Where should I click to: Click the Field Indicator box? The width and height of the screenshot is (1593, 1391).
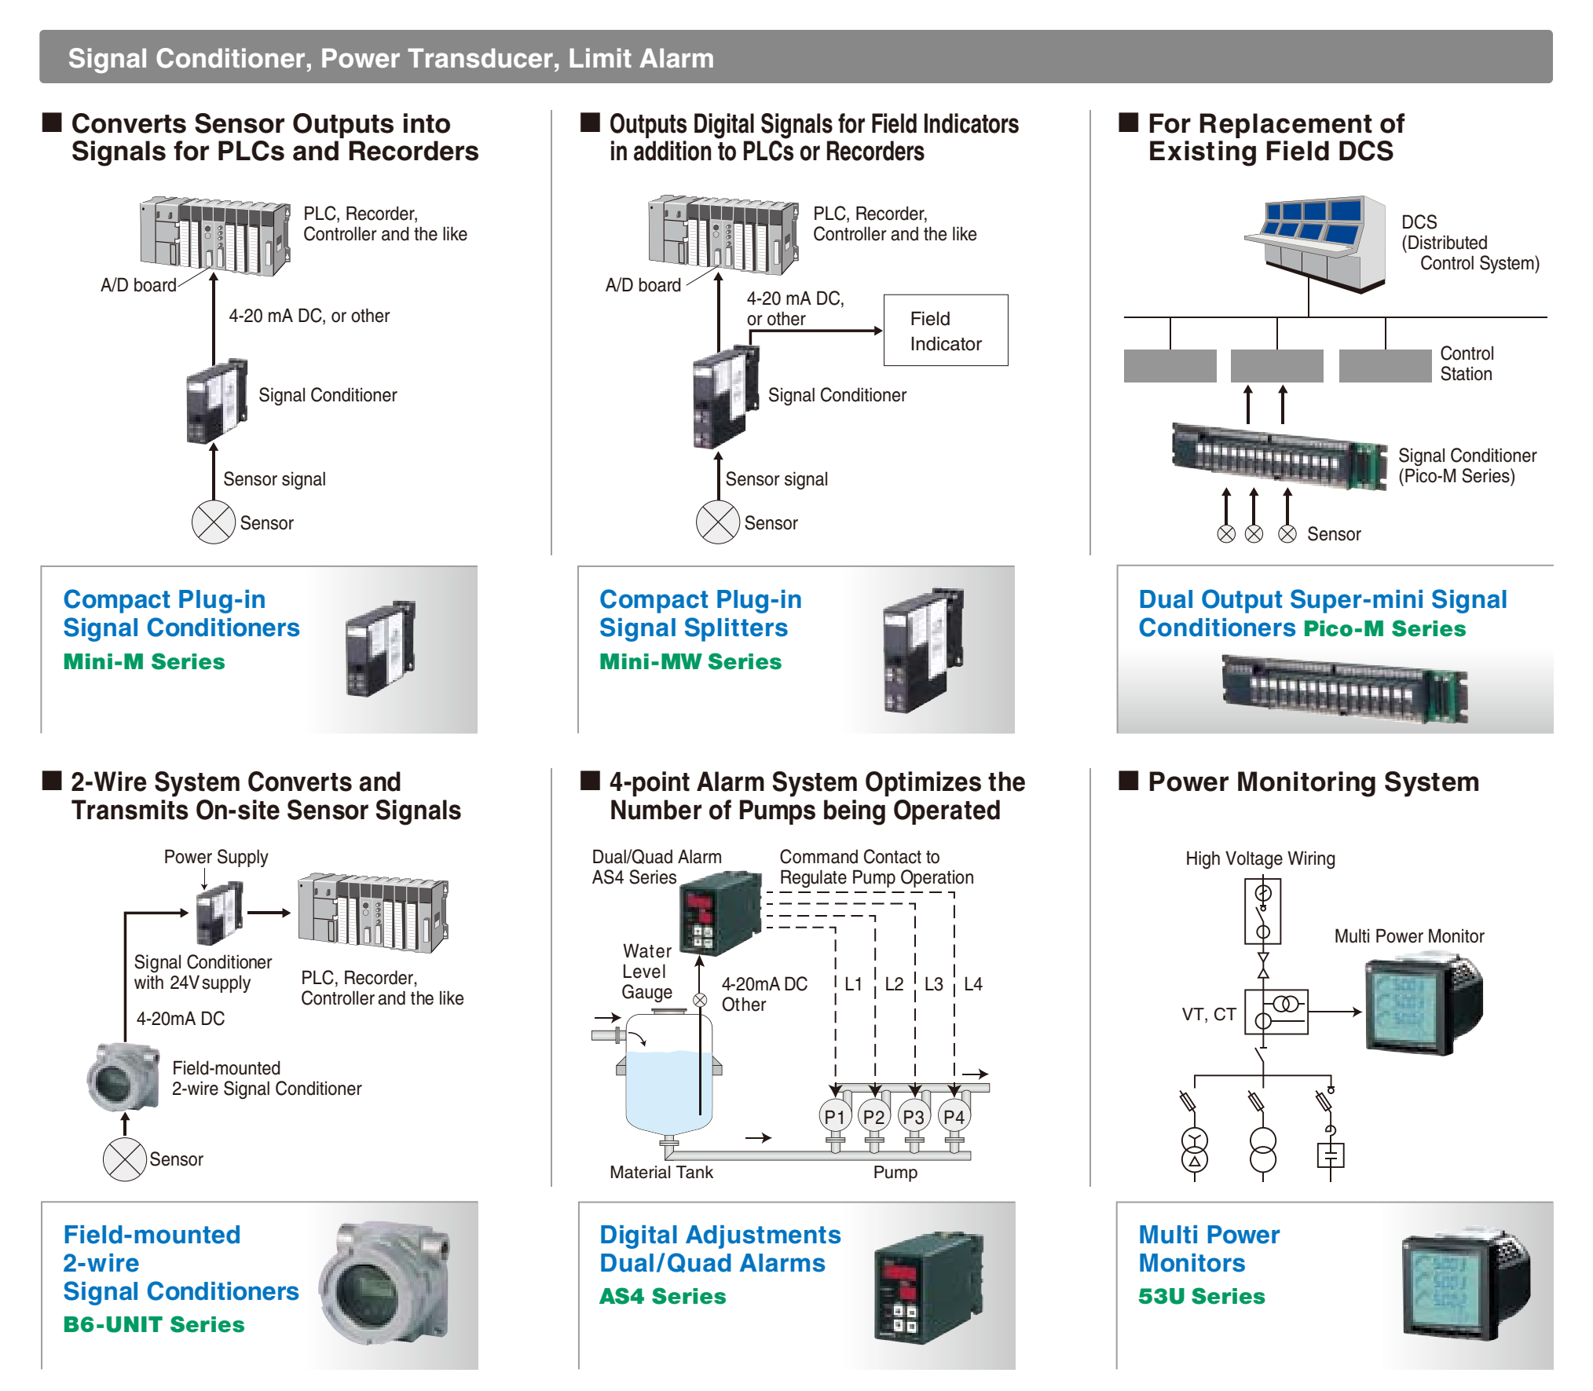point(945,331)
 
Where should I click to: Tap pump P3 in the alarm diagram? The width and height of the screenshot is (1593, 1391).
point(914,1116)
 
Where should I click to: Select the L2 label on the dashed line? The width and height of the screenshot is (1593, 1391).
point(894,984)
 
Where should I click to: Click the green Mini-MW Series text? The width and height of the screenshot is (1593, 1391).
point(690,662)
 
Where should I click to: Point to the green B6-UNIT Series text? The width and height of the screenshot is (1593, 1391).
point(154,1324)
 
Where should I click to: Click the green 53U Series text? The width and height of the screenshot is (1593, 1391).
point(1202,1296)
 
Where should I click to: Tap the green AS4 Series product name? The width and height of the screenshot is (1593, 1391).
point(663,1296)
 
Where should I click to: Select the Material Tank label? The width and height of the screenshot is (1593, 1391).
point(661,1172)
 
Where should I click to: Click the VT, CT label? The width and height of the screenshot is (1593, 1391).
point(1209,1014)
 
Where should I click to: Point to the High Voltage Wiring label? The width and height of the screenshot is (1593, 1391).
point(1260,858)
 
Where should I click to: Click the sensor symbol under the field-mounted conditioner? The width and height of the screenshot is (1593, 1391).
point(125,1159)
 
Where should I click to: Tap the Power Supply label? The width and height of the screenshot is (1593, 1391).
point(216,857)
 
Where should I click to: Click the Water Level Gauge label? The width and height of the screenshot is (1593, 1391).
point(646,972)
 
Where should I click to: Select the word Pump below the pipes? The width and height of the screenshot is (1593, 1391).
point(895,1172)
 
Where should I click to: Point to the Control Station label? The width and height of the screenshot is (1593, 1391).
point(1467,364)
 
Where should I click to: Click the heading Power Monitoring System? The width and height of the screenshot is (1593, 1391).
point(1313,782)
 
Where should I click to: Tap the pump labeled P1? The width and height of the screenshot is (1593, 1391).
point(834,1116)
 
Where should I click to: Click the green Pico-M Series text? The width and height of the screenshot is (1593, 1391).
point(1385,629)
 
